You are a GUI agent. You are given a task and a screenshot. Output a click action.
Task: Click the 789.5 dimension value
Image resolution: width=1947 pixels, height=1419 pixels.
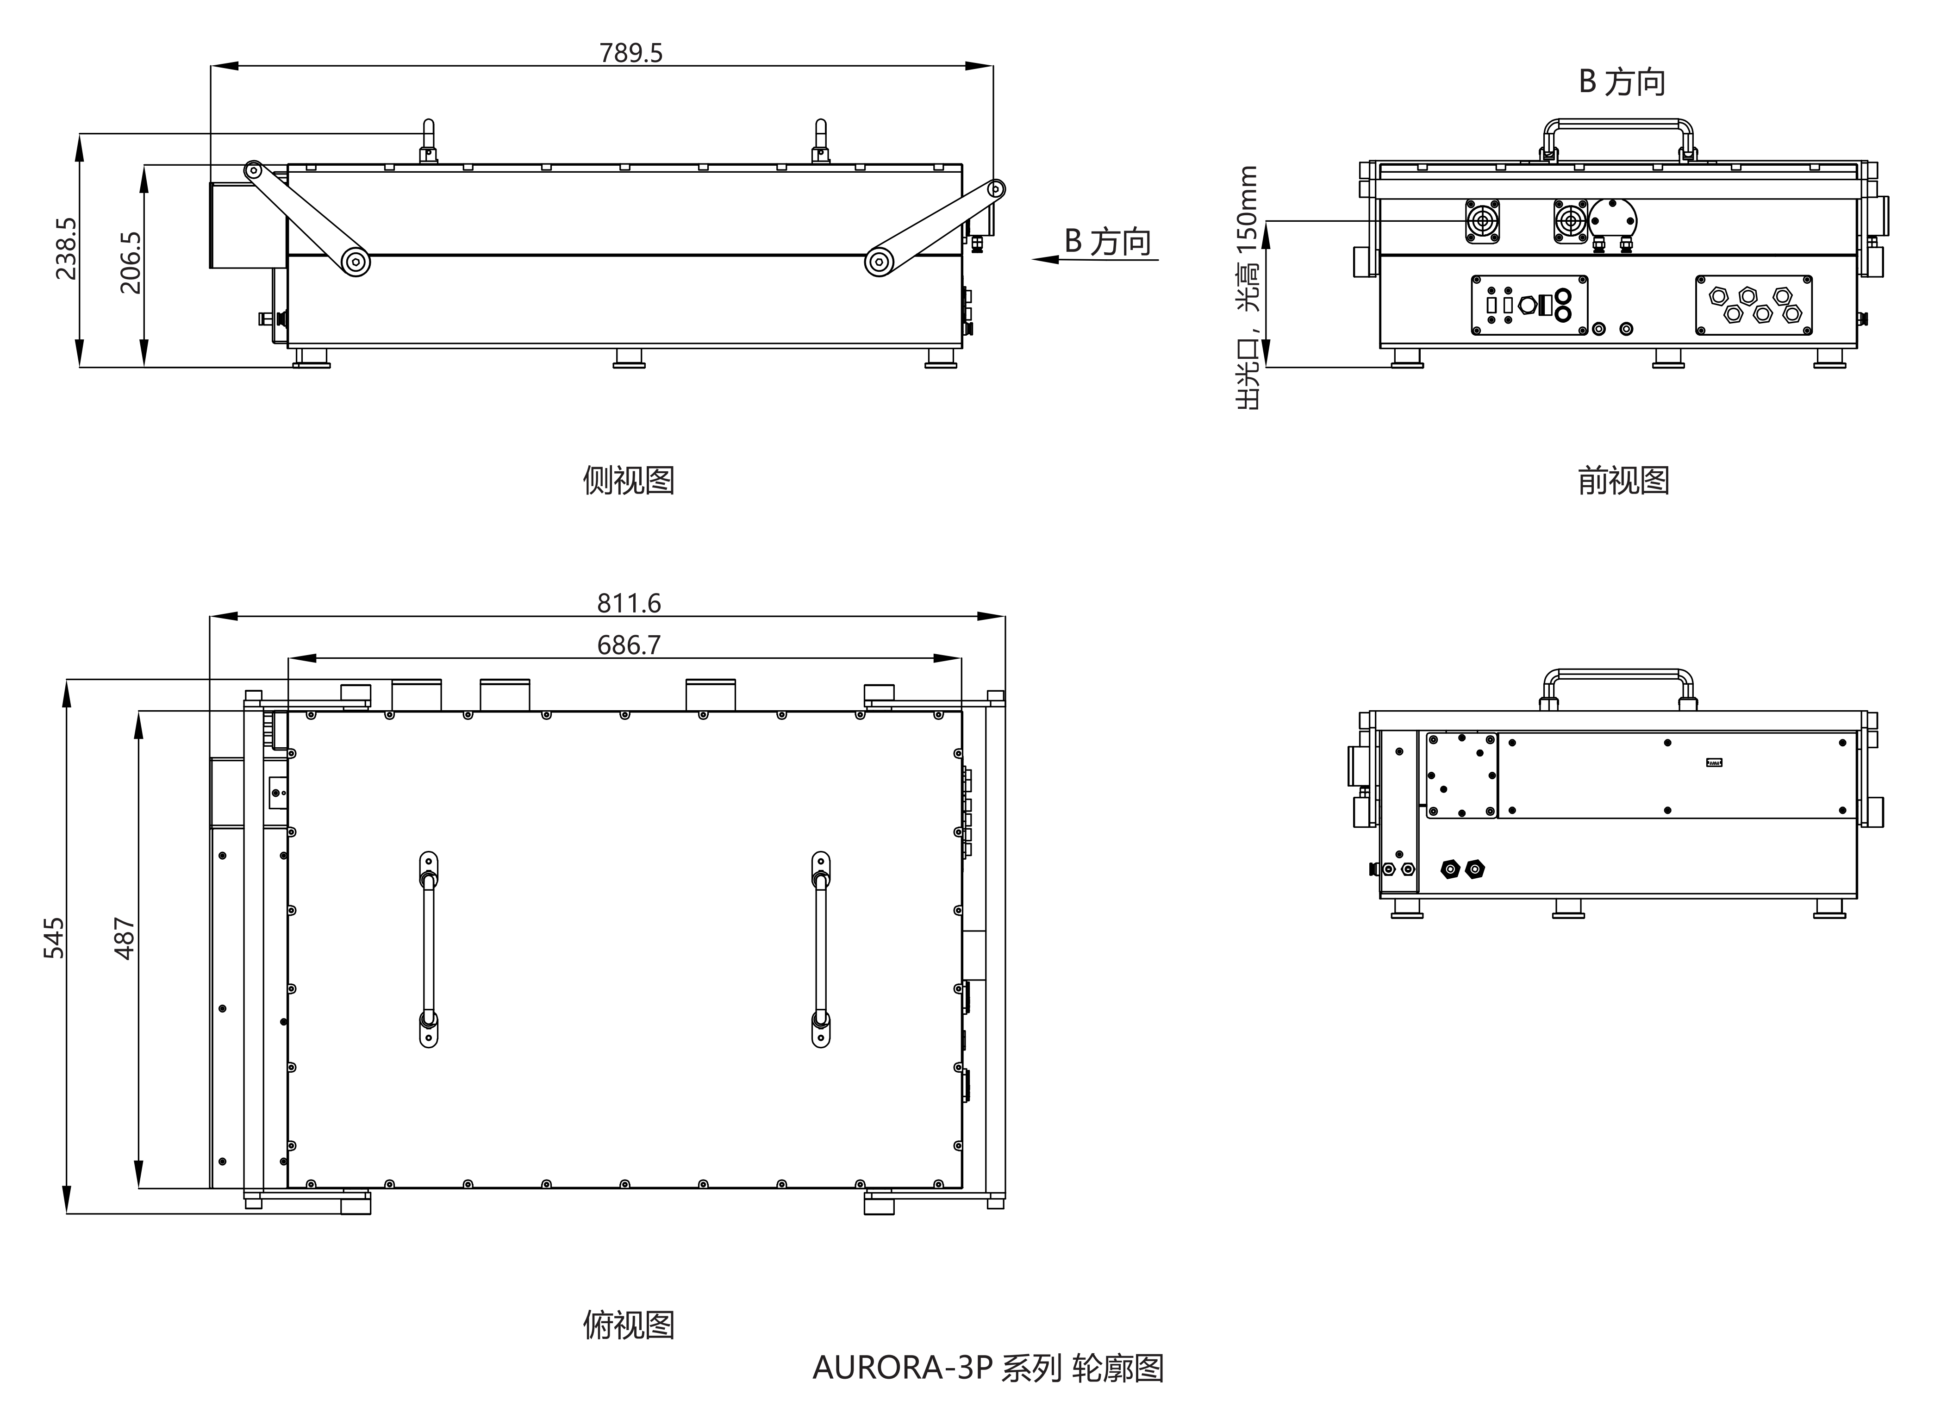(631, 53)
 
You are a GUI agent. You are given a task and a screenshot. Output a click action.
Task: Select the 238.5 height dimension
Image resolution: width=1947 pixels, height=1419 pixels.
(66, 249)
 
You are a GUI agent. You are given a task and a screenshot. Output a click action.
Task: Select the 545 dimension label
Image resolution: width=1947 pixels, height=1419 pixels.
(53, 938)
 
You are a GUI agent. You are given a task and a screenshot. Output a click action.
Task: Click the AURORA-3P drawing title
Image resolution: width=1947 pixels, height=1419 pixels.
(988, 1368)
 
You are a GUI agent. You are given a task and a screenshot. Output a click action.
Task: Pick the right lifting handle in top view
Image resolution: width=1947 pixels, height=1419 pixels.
(821, 949)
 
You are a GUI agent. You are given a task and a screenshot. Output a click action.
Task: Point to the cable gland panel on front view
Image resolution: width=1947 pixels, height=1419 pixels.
(1754, 305)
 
